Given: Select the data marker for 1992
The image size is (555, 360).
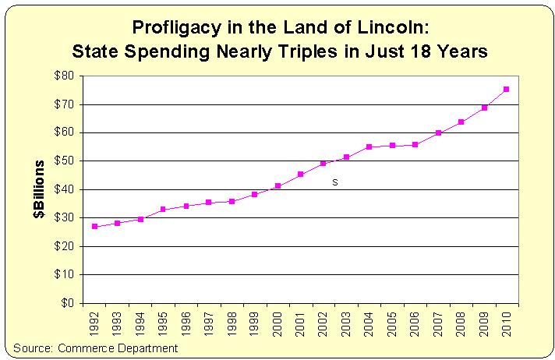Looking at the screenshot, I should coord(95,227).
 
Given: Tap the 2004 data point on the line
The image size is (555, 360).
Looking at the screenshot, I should coord(369,146).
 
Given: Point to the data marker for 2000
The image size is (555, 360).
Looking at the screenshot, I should coord(277,186).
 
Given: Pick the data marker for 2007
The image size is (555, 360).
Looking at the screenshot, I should coord(438,133).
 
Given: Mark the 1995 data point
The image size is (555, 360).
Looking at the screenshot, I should coord(163,210).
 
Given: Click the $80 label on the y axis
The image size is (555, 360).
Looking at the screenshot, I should coord(65,76).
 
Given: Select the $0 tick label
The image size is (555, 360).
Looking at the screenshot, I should coord(68,303).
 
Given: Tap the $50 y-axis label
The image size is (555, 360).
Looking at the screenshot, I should coord(65,161).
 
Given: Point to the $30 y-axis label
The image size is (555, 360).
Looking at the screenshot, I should coord(65,218).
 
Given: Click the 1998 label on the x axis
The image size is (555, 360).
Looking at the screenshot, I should coord(232,323).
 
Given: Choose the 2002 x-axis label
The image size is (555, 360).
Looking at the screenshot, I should coord(323,323).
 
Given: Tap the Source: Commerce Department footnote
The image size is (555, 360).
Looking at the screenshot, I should coord(95,348).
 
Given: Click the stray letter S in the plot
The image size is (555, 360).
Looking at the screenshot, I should coord(335,182).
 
